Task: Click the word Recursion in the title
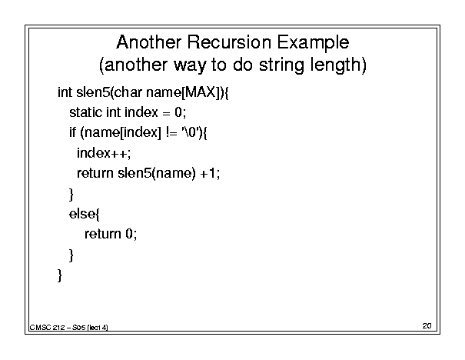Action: coord(229,42)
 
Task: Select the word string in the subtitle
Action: coord(281,65)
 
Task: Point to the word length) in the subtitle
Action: coord(338,65)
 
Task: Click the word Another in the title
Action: coord(148,42)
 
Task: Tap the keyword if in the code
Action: coord(73,132)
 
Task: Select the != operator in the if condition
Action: coord(171,132)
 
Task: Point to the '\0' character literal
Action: coord(190,132)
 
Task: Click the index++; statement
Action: coord(104,153)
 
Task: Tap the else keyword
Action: coord(82,213)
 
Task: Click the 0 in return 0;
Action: coord(128,234)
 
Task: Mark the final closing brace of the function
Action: coord(60,275)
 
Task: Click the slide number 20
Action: coord(427,326)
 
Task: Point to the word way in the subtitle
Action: coord(190,65)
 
